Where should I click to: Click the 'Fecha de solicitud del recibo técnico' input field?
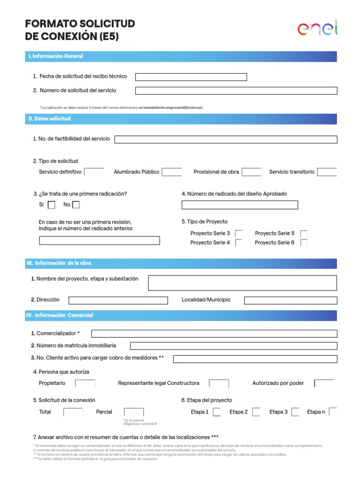point(191,77)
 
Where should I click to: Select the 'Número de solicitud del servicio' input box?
point(236,91)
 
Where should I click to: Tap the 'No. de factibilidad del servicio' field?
point(226,139)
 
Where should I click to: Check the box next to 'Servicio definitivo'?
point(94,172)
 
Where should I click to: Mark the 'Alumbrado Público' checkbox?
point(172,172)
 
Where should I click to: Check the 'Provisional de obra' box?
point(251,172)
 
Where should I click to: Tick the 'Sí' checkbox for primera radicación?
point(52,205)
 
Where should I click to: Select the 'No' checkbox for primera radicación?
point(76,205)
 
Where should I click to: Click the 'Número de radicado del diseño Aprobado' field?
point(239,205)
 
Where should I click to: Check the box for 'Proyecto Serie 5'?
point(304,233)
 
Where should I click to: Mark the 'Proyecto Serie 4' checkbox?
point(239,243)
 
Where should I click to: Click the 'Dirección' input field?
point(118,300)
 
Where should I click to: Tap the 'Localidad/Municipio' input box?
point(290,300)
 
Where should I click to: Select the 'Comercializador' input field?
point(214,334)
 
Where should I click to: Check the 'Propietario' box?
point(85,383)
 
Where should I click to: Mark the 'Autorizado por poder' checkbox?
point(324,383)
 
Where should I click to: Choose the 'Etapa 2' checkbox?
point(256,412)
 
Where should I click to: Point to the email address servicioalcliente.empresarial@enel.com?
point(170,108)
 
